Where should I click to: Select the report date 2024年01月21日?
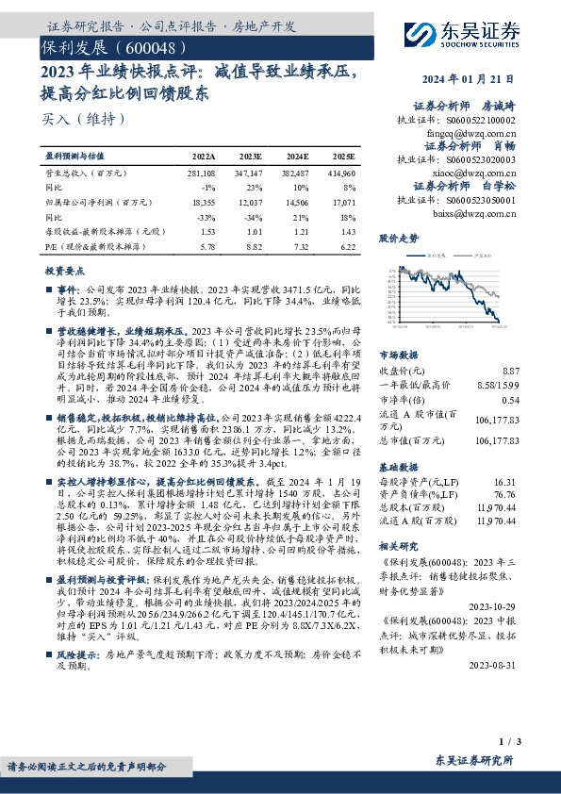pyautogui.click(x=491, y=81)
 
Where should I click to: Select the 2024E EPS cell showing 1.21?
pyautogui.click(x=297, y=230)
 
